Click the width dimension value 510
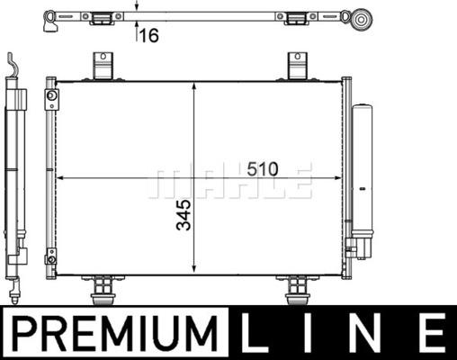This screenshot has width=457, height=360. point(262,168)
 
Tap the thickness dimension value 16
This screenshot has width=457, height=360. point(149,35)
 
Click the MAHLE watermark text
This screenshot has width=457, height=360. point(230,182)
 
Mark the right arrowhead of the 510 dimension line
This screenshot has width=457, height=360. point(336,180)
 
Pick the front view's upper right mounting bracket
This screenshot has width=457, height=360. point(297,66)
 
